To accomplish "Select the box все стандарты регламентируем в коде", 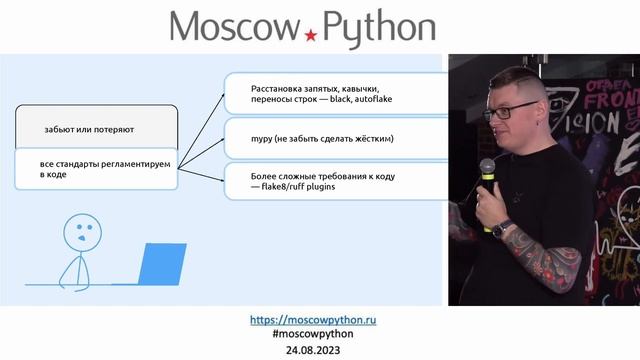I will pos(96,168).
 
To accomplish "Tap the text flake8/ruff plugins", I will pos(297,185).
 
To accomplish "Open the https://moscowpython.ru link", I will pos(319,320).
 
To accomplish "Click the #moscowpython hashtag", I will pos(320,334).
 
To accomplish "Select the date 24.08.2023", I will pos(320,350).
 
